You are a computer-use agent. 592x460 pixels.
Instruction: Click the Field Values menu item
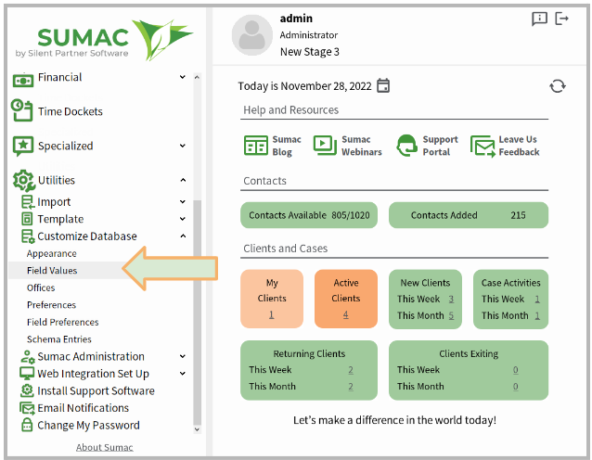[52, 271]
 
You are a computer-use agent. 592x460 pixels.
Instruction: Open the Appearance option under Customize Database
[52, 253]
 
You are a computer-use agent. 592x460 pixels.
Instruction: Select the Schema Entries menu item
[59, 339]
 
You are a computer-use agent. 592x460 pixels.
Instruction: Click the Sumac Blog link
[272, 146]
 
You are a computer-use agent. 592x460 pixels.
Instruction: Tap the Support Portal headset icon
[406, 146]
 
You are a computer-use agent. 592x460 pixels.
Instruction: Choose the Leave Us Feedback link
[505, 146]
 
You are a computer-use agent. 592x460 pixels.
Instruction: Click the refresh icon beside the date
[558, 86]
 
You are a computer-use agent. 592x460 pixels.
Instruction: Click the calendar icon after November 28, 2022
[383, 85]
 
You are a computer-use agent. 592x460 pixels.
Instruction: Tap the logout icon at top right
[561, 19]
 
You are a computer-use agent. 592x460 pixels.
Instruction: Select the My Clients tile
[272, 299]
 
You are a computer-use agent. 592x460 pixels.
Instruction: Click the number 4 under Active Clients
[346, 314]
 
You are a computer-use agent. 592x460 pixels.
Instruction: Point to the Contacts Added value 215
[518, 215]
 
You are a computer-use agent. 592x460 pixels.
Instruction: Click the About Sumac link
[105, 448]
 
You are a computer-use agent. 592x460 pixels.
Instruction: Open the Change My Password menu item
[88, 426]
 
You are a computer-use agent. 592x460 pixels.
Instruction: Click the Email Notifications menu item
[84, 408]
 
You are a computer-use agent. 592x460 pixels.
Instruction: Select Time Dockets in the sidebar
[71, 111]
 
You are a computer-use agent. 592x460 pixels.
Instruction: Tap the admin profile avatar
[251, 35]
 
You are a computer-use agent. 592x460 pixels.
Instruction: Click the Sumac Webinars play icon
[325, 146]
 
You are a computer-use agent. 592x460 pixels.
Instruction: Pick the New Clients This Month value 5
[451, 315]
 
